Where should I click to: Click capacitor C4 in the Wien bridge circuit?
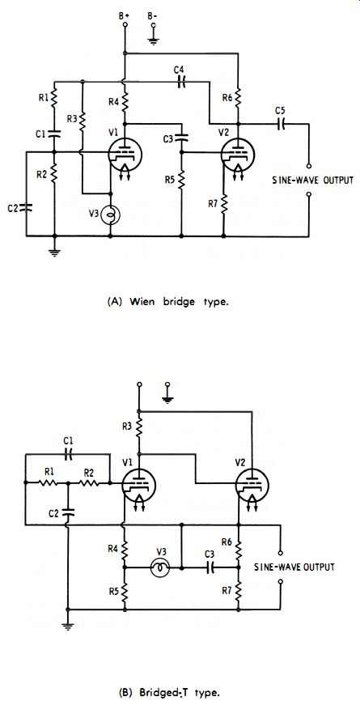pyautogui.click(x=181, y=83)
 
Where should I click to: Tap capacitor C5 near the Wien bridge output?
pyautogui.click(x=281, y=125)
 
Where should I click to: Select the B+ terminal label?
pyautogui.click(x=125, y=15)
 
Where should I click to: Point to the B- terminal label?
pyautogui.click(x=153, y=15)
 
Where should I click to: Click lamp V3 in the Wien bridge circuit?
pyautogui.click(x=110, y=216)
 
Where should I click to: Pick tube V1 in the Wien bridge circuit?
pyautogui.click(x=125, y=155)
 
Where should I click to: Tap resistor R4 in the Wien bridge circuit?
pyautogui.click(x=125, y=100)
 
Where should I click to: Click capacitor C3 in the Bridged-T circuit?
pyautogui.click(x=210, y=568)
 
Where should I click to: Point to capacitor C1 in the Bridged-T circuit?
pyautogui.click(x=67, y=454)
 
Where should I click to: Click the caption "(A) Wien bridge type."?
pyautogui.click(x=168, y=302)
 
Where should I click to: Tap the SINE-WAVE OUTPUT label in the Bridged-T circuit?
pyautogui.click(x=294, y=567)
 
